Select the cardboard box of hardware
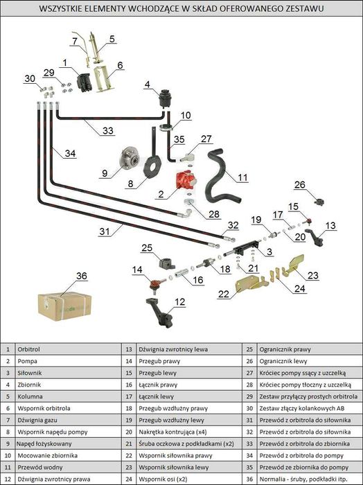click(x=64, y=306)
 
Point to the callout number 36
click(x=82, y=276)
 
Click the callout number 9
click(x=105, y=173)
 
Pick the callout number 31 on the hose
click(x=105, y=231)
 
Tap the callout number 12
click(x=179, y=301)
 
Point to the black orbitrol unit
click(x=84, y=82)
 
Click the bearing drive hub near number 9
click(x=130, y=159)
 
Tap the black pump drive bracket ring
click(x=152, y=168)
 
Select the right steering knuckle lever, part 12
click(x=159, y=312)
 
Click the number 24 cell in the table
click(x=129, y=479)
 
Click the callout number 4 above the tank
click(x=147, y=84)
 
